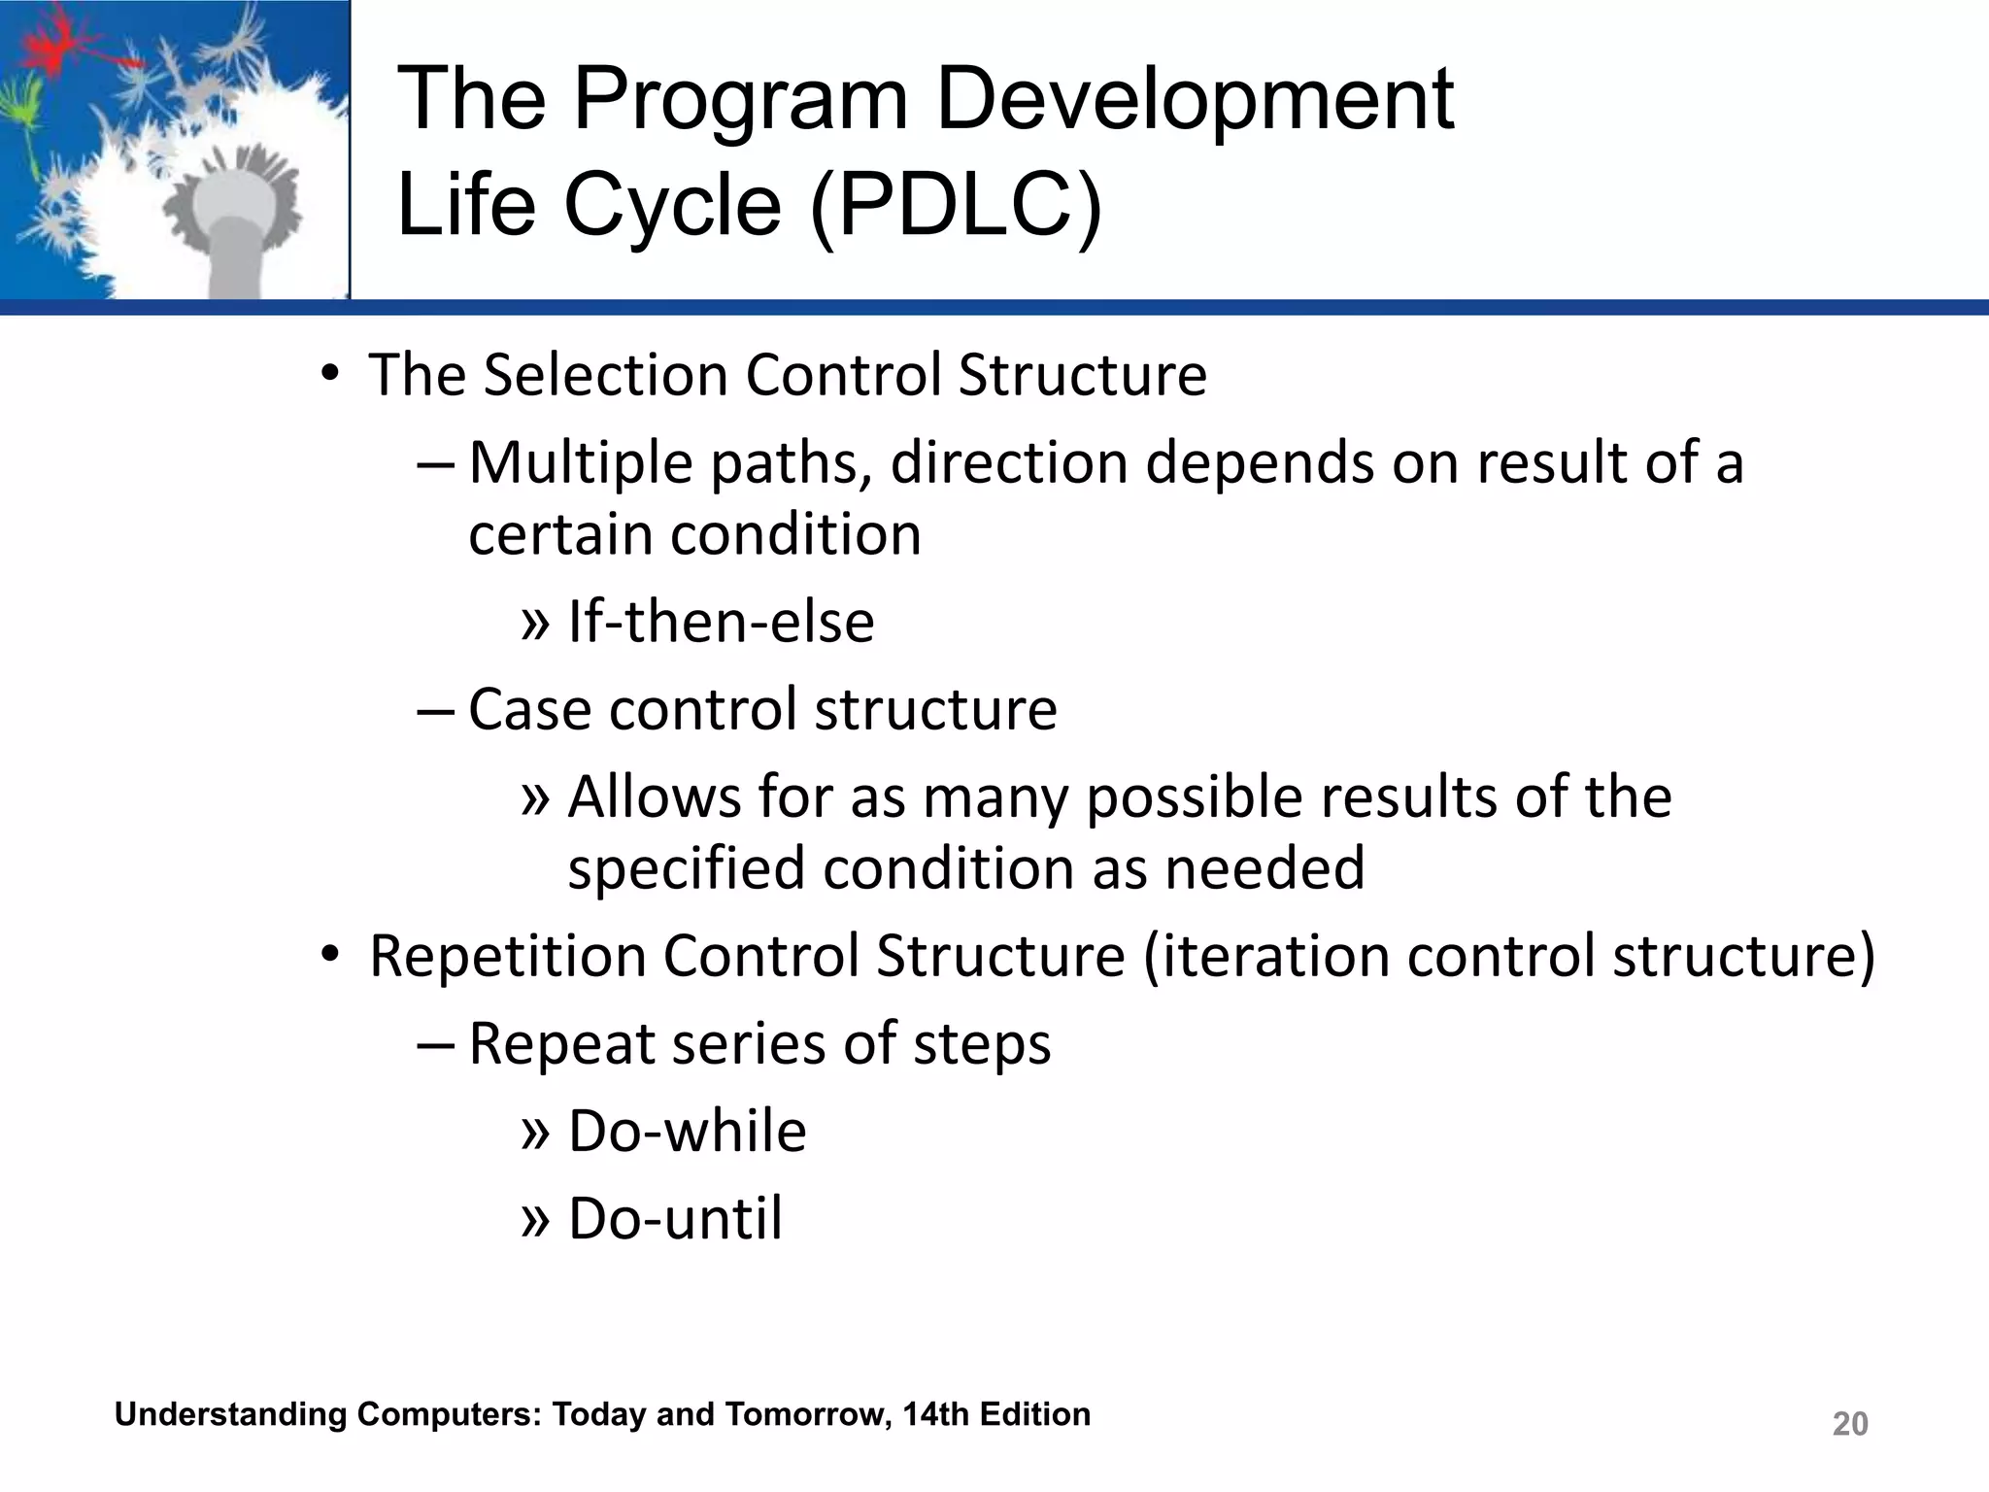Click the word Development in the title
[1194, 99]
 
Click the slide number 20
[1849, 1424]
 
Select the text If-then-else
[721, 622]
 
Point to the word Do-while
[687, 1131]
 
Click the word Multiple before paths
[581, 462]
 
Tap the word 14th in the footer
[935, 1414]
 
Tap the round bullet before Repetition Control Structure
[330, 957]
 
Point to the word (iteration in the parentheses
[1265, 956]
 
